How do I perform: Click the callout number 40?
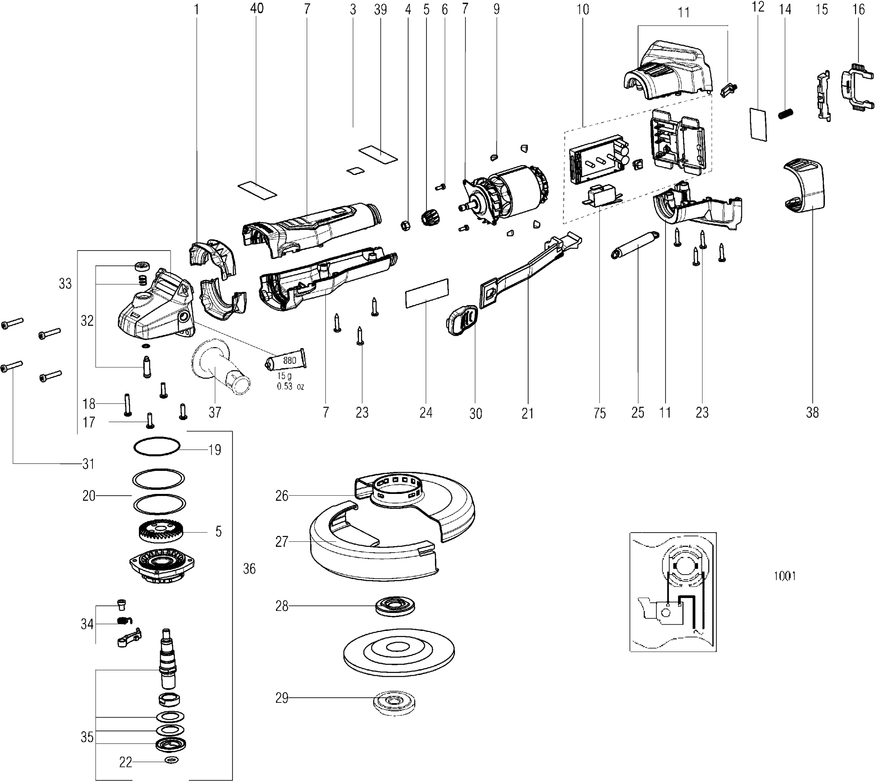257,8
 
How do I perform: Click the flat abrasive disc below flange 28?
399,651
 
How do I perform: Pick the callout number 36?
249,569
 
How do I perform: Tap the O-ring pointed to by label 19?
156,446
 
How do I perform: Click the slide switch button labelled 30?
462,320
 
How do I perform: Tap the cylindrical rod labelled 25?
634,245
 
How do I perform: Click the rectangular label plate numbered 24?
427,293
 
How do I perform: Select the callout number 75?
599,413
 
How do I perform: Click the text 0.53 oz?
290,386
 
